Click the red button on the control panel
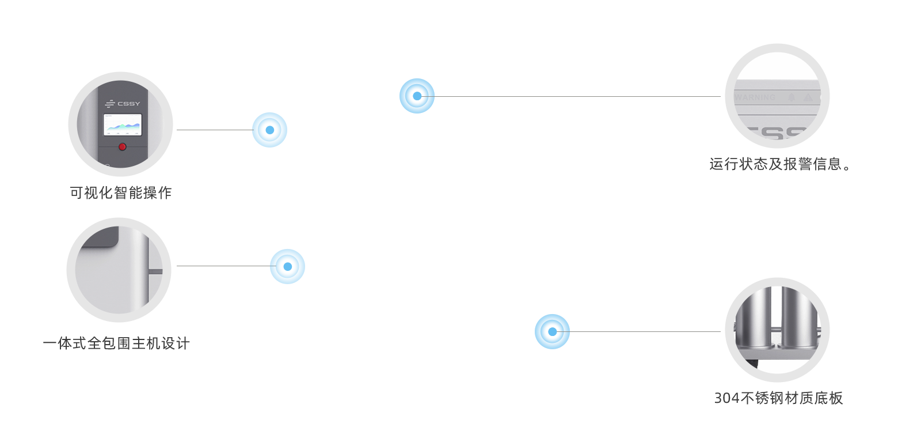122,147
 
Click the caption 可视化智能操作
121,193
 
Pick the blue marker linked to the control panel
269,130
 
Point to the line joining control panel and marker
213,130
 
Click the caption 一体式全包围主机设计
116,343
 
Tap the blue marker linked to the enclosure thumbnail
287,266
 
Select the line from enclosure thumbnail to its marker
222,266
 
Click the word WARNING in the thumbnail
755,98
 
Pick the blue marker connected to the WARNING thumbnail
417,96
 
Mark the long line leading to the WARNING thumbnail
576,96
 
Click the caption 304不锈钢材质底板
779,398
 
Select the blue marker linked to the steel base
552,331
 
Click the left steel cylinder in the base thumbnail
755,311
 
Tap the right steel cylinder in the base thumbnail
799,311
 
